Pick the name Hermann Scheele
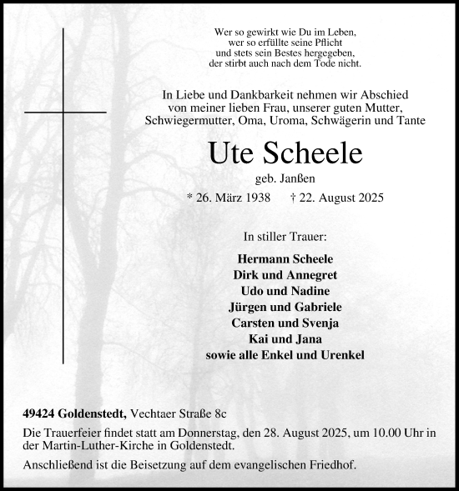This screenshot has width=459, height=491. click(x=285, y=258)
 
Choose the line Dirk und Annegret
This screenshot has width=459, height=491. click(x=285, y=274)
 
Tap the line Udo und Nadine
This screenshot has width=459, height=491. click(x=285, y=290)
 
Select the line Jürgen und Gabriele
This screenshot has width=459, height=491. click(x=285, y=306)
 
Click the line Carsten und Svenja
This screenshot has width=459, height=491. click(x=285, y=322)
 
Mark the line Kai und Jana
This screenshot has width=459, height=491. click(x=285, y=338)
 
